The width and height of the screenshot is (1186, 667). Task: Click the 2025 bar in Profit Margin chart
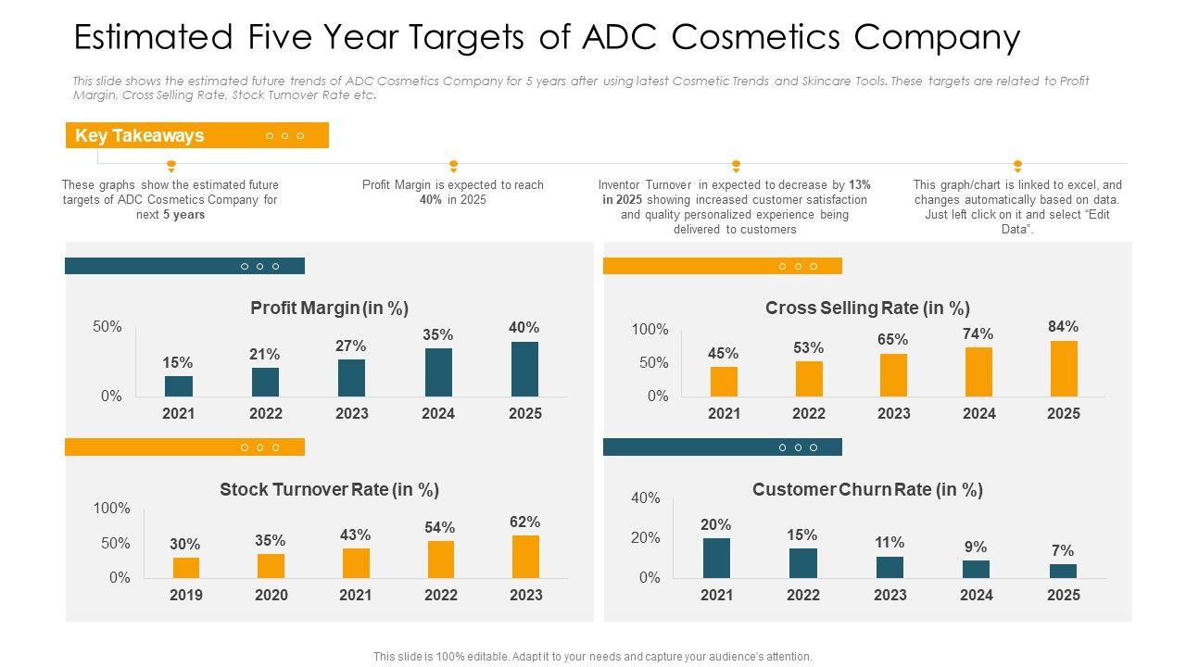pyautogui.click(x=524, y=369)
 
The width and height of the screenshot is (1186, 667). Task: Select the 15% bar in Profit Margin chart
pyautogui.click(x=179, y=386)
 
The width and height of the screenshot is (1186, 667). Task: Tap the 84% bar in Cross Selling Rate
pyautogui.click(x=1064, y=369)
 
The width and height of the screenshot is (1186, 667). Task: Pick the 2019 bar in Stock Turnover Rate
pyautogui.click(x=185, y=567)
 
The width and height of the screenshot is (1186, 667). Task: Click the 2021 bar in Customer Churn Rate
pyautogui.click(x=716, y=558)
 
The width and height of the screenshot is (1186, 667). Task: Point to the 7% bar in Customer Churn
pyautogui.click(x=1063, y=571)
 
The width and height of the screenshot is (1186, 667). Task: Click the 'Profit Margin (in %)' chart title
pyautogui.click(x=329, y=308)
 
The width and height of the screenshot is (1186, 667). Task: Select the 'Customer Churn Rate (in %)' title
pyautogui.click(x=867, y=489)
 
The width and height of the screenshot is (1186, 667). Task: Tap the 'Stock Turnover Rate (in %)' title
pyautogui.click(x=329, y=489)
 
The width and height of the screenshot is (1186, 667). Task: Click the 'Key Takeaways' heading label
pyautogui.click(x=139, y=136)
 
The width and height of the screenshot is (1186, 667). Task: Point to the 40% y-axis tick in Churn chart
pyautogui.click(x=645, y=498)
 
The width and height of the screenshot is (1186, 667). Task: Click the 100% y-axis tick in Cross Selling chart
pyautogui.click(x=650, y=330)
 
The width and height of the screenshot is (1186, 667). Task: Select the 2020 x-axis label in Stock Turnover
pyautogui.click(x=271, y=595)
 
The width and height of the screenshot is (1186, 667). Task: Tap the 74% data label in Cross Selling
pyautogui.click(x=978, y=333)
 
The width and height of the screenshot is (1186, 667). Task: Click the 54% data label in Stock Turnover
pyautogui.click(x=440, y=527)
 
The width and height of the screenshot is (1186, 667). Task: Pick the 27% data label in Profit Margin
pyautogui.click(x=351, y=346)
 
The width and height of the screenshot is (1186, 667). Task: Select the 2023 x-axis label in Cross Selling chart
pyautogui.click(x=893, y=413)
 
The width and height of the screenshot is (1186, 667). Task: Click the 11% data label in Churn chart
pyautogui.click(x=889, y=542)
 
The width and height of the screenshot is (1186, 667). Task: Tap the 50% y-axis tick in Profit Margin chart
pyautogui.click(x=107, y=327)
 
